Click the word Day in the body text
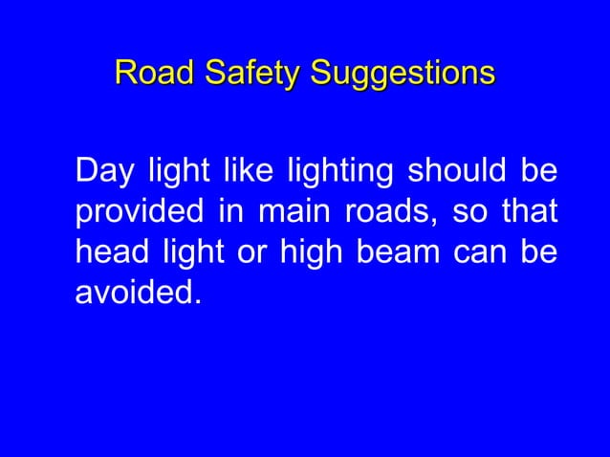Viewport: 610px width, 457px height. pyautogui.click(x=102, y=175)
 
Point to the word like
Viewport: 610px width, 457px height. pyautogui.click(x=242, y=175)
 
